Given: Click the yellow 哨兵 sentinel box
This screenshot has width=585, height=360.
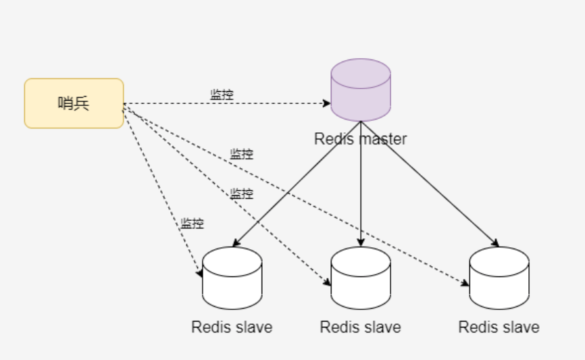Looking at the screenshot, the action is pyautogui.click(x=74, y=103).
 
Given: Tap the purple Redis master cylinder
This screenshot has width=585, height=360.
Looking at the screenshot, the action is pyautogui.click(x=361, y=90).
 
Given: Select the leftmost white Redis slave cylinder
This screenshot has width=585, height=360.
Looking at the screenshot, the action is pyautogui.click(x=232, y=278).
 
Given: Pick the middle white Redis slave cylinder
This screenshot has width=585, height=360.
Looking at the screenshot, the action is pyautogui.click(x=361, y=278).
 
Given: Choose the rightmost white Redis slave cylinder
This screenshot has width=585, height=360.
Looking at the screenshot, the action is pyautogui.click(x=499, y=278).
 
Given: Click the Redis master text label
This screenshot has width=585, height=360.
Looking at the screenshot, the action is pyautogui.click(x=361, y=139).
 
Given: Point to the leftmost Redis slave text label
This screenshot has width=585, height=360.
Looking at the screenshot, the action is pyautogui.click(x=232, y=327).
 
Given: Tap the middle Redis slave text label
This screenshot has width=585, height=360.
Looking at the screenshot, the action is pyautogui.click(x=361, y=327).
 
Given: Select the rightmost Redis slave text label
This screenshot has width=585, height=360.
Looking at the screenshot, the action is pyautogui.click(x=499, y=327).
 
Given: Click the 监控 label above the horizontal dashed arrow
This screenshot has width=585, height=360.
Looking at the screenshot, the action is pyautogui.click(x=222, y=95).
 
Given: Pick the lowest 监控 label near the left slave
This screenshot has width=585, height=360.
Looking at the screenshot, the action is pyautogui.click(x=192, y=224).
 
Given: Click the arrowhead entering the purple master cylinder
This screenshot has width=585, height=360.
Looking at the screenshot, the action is pyautogui.click(x=326, y=103).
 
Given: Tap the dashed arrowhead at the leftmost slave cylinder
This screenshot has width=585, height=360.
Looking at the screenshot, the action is pyautogui.click(x=200, y=274).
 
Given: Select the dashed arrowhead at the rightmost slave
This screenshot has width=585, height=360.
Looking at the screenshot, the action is pyautogui.click(x=465, y=283).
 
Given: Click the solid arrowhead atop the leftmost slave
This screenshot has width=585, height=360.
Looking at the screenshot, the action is pyautogui.click(x=236, y=243).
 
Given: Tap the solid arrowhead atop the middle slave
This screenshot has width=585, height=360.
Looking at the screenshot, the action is pyautogui.click(x=361, y=242).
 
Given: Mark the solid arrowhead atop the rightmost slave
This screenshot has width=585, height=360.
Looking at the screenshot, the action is pyautogui.click(x=495, y=243).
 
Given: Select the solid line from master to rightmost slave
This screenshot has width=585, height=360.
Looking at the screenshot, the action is pyautogui.click(x=430, y=184).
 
